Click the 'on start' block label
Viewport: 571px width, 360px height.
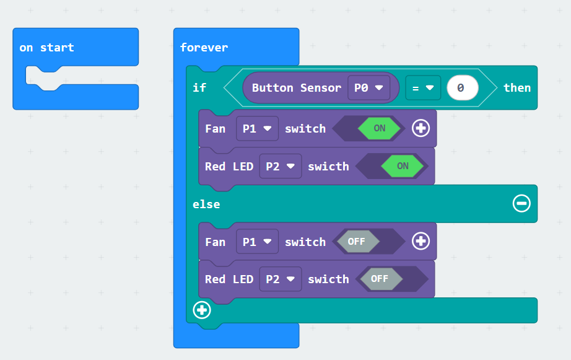tap(46, 47)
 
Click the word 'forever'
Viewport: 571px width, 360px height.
tap(204, 47)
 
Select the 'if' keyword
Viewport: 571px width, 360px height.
tap(199, 87)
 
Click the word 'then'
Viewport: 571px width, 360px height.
tap(517, 87)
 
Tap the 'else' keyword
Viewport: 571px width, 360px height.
tap(206, 204)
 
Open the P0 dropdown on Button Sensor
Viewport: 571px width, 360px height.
tap(368, 88)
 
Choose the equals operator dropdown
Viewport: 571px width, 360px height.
tap(423, 88)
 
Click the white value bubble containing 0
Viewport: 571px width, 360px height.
tap(463, 88)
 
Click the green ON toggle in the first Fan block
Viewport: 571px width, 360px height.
tap(380, 128)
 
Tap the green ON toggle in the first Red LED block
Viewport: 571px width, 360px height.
tap(403, 166)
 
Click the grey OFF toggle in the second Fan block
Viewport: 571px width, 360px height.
tap(357, 241)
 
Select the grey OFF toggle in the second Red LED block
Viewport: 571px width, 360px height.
tap(380, 279)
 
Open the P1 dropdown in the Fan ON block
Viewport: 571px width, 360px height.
tap(257, 128)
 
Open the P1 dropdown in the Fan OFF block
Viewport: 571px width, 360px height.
tap(257, 242)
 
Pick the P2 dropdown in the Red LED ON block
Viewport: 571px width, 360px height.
tap(281, 166)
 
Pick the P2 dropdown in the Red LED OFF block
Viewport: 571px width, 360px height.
tap(281, 279)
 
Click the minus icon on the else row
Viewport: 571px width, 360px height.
tap(521, 203)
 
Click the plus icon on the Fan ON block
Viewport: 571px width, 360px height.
tap(421, 128)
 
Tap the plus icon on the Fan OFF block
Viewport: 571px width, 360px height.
tap(421, 241)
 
